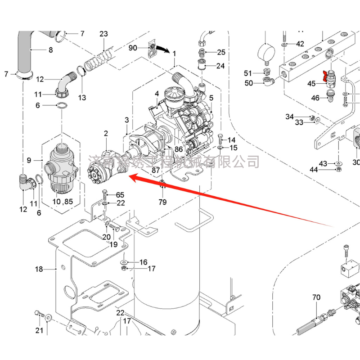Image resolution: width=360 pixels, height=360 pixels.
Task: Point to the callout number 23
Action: pos(104,34)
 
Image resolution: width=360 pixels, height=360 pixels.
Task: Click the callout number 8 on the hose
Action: pos(51,50)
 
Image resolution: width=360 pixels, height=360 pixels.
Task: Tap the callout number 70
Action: pos(316,297)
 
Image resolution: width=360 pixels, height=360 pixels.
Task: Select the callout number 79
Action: pos(162,202)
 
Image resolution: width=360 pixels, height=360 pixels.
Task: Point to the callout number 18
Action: pos(39,269)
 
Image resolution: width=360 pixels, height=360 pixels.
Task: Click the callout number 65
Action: pos(120,195)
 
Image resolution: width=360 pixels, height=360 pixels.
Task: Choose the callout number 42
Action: pos(300,44)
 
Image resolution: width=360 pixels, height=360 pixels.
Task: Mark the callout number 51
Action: pos(248,73)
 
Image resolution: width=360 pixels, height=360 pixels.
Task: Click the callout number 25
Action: pos(221,52)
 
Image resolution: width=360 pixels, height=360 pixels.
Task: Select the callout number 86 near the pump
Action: pos(178,148)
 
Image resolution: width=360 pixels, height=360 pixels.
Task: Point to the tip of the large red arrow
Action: pos(129,179)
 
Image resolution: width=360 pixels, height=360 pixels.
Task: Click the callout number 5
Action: pos(211,98)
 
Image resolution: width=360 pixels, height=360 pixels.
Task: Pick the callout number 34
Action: pos(289,117)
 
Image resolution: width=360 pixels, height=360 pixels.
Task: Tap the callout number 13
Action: pos(82,97)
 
